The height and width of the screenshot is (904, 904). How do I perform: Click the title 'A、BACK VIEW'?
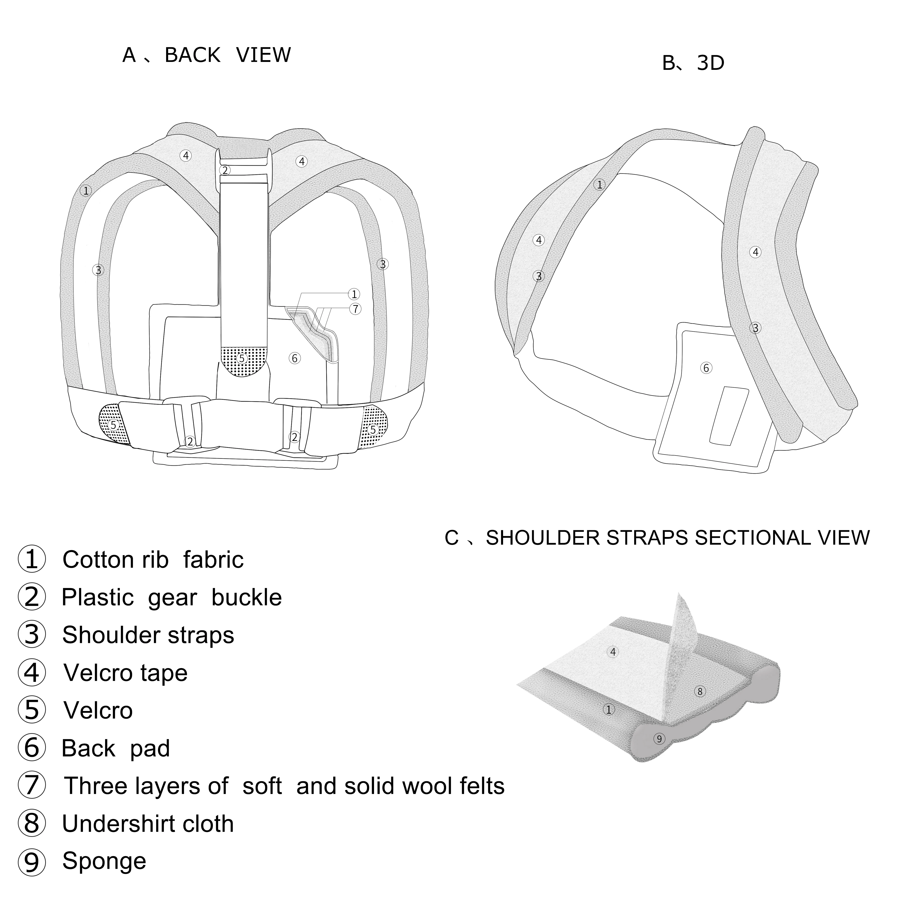coord(206,55)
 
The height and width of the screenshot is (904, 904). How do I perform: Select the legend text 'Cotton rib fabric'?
coord(153,560)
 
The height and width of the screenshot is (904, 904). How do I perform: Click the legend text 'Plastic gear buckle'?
coord(172,598)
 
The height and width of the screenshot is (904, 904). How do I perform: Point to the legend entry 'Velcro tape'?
coord(125,673)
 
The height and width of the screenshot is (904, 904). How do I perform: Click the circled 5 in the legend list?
coord(32,710)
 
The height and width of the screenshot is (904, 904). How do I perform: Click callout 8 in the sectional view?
coord(700,692)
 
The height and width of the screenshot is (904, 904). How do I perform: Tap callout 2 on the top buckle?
coord(225,170)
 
